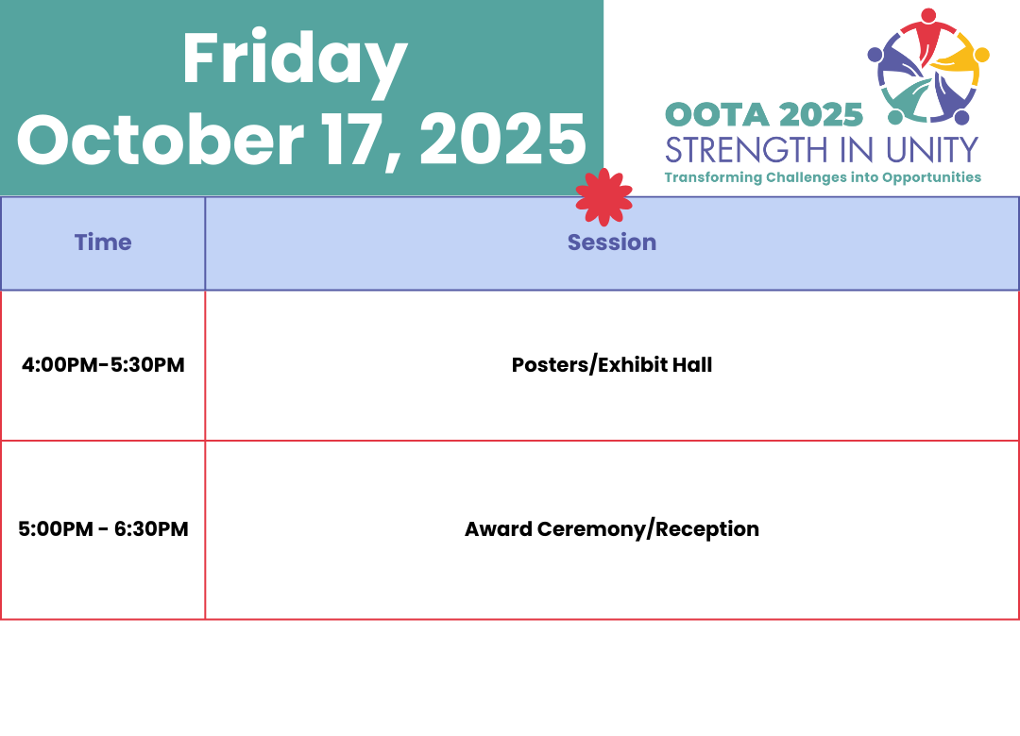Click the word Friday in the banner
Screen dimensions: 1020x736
[295, 60]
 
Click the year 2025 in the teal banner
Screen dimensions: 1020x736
[502, 140]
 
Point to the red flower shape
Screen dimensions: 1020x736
[603, 197]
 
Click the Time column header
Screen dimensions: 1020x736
[103, 242]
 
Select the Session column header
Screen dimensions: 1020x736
[611, 242]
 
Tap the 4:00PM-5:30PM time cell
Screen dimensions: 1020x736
[103, 365]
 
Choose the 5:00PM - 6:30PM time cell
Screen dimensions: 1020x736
[103, 528]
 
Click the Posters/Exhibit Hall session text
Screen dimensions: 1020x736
[611, 365]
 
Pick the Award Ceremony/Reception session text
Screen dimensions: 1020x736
[611, 529]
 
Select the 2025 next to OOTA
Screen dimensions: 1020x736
[821, 116]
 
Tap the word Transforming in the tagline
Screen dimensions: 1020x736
[713, 177]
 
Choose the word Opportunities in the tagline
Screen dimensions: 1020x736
[931, 177]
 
